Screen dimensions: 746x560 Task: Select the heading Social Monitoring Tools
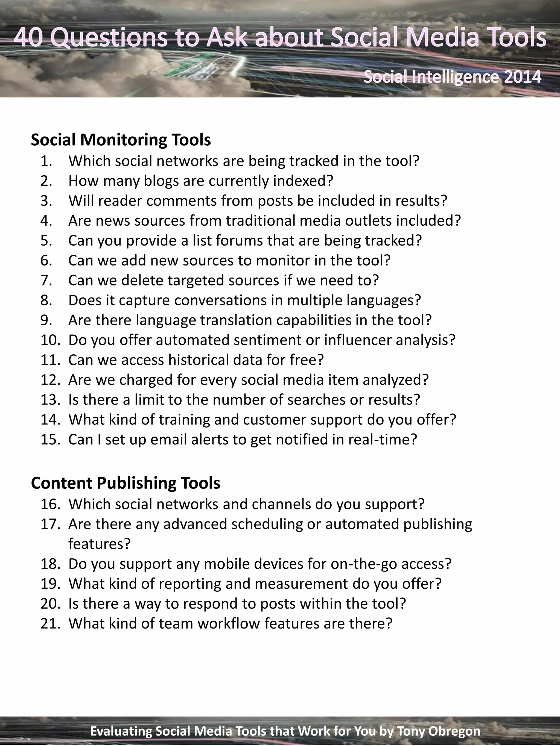[x=121, y=140]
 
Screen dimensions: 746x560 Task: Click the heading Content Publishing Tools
[x=126, y=483]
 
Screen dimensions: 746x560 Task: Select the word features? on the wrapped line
[x=99, y=544]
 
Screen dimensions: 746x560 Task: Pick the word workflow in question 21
[x=229, y=624]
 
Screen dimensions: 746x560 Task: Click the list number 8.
[x=46, y=300]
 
